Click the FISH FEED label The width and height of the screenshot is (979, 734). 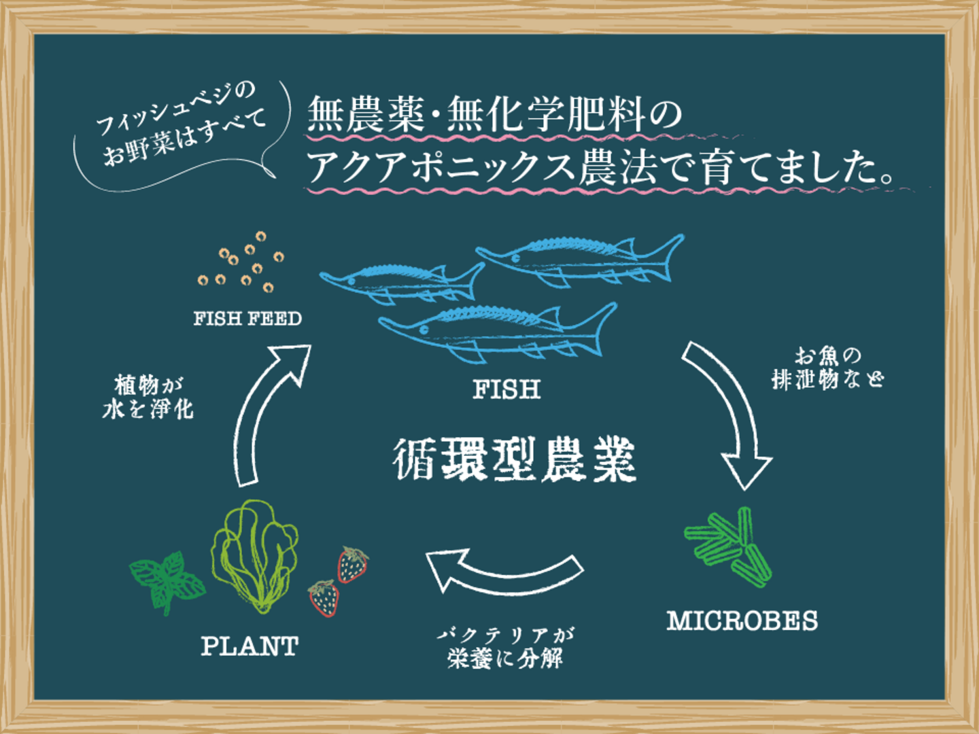(x=247, y=319)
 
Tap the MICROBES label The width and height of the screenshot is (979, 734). (x=742, y=621)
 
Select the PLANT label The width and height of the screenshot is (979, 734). (x=250, y=646)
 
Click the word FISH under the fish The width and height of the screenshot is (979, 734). (x=506, y=389)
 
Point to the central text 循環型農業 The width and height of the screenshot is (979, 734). (x=514, y=459)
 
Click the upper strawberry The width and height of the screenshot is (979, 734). (x=353, y=564)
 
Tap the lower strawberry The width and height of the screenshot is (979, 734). (x=324, y=598)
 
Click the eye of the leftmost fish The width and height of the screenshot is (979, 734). (x=351, y=281)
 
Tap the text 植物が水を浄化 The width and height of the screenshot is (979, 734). (x=148, y=398)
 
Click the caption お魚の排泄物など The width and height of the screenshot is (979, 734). (x=827, y=368)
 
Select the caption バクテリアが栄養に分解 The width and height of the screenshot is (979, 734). (x=506, y=648)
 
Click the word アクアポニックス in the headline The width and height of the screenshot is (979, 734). (x=439, y=167)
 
